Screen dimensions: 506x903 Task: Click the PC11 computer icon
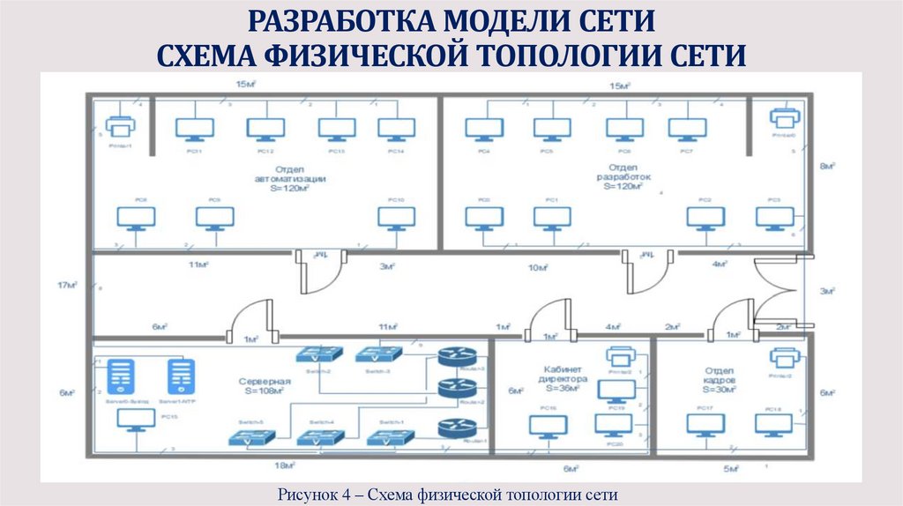(194, 130)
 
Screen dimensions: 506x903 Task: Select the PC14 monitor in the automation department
(396, 130)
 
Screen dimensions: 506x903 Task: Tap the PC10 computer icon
(396, 218)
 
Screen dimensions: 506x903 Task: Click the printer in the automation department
(119, 126)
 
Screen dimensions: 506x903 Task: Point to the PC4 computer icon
(484, 130)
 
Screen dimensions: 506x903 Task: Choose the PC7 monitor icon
(687, 130)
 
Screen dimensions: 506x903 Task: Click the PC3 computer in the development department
(774, 218)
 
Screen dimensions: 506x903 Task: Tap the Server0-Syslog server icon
(120, 377)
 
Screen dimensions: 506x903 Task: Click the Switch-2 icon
(318, 354)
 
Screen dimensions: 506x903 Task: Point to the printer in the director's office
(621, 357)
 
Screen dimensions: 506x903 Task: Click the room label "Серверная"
(260, 382)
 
